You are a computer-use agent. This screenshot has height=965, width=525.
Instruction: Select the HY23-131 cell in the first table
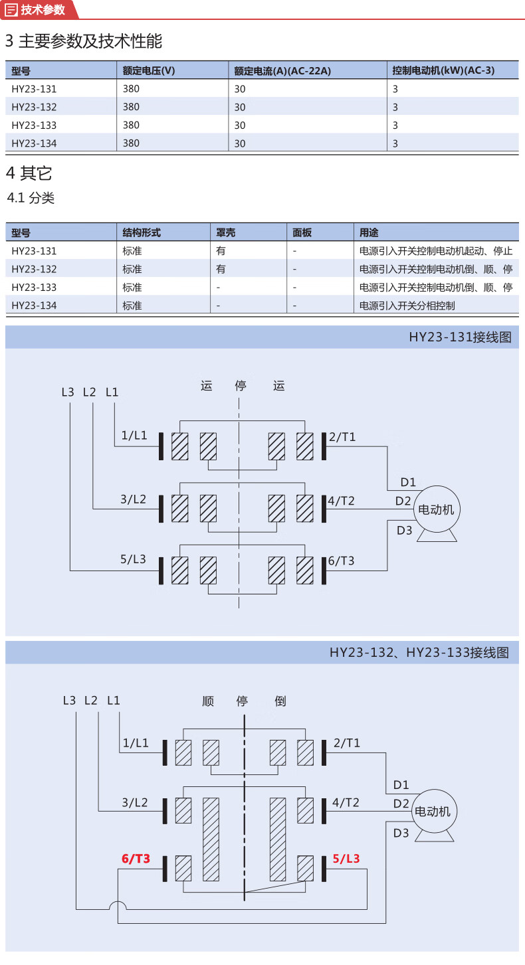(34, 88)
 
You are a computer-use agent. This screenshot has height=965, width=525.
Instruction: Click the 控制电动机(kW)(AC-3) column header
(443, 70)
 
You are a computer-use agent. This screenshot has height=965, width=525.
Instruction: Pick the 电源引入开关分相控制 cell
(407, 306)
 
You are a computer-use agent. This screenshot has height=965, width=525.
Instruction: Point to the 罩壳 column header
(225, 233)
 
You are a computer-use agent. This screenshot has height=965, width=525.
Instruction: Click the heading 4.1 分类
(31, 198)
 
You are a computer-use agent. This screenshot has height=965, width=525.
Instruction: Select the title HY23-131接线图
(461, 337)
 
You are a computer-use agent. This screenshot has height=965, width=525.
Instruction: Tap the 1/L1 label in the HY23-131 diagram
(134, 436)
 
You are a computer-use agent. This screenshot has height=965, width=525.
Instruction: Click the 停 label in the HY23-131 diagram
(241, 386)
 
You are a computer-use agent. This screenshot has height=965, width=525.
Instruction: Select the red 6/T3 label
(136, 859)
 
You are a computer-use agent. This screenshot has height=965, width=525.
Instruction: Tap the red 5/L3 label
(346, 859)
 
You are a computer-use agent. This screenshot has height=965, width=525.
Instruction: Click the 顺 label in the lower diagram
(208, 701)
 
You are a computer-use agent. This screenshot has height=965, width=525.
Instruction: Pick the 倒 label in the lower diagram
(280, 701)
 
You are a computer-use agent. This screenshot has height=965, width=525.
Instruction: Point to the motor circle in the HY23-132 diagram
(433, 812)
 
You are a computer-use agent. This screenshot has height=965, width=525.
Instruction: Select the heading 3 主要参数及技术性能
(84, 41)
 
